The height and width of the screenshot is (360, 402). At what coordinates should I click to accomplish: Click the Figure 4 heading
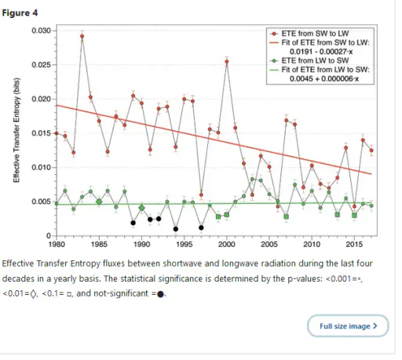[20, 13]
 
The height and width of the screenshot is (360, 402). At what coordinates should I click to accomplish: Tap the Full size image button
[348, 326]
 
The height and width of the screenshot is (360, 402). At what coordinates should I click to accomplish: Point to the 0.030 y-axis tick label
[42, 31]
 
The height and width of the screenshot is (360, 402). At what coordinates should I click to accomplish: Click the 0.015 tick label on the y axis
[42, 133]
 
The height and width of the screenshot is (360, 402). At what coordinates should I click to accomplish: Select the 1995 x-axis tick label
[185, 244]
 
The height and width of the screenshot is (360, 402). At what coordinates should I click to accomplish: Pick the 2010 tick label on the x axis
[312, 244]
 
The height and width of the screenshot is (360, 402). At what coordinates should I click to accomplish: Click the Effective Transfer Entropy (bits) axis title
[16, 130]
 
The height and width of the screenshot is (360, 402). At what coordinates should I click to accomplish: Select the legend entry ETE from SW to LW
[315, 34]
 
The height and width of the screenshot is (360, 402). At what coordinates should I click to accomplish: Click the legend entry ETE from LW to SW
[315, 60]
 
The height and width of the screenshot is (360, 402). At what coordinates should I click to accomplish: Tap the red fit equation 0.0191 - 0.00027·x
[321, 52]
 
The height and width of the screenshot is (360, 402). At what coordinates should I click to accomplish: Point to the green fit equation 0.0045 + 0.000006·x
[324, 78]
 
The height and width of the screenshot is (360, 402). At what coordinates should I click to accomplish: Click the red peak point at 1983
[82, 36]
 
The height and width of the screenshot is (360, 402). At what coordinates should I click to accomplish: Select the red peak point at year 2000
[227, 62]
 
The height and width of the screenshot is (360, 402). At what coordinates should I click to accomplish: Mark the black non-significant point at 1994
[176, 229]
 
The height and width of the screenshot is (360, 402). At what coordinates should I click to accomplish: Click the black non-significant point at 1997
[201, 227]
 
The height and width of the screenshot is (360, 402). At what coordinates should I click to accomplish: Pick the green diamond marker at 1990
[141, 208]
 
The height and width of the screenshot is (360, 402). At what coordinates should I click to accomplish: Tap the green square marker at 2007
[287, 216]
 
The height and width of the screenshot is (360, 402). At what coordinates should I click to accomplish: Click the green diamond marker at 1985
[99, 202]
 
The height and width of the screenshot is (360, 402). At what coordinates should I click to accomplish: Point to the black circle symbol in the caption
[160, 294]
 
